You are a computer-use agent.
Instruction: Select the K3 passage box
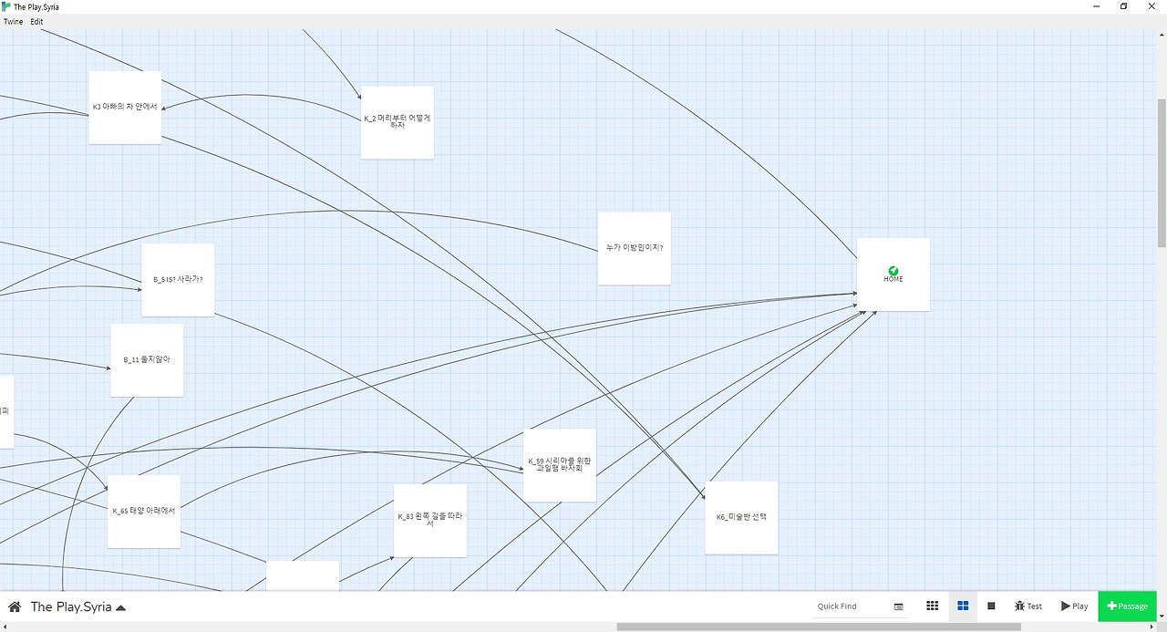click(x=125, y=107)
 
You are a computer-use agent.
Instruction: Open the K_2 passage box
click(x=397, y=122)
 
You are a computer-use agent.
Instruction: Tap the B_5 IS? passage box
click(x=178, y=279)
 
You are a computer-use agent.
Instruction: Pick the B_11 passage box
click(x=147, y=359)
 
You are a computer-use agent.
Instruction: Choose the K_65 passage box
click(x=143, y=511)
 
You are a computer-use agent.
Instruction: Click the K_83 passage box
click(x=429, y=520)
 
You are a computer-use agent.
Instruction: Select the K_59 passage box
click(x=559, y=464)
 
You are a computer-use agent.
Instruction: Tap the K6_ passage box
click(x=740, y=517)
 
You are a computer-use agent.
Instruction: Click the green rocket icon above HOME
click(x=893, y=271)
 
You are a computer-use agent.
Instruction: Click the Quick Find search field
click(x=850, y=606)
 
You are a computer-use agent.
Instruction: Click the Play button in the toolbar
click(x=1074, y=606)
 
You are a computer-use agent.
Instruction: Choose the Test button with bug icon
click(x=1028, y=606)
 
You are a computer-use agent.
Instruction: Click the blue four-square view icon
click(x=962, y=606)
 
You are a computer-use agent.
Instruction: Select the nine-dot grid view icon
click(x=932, y=606)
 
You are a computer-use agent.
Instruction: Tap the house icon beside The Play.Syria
click(x=15, y=606)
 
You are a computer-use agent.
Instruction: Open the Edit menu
click(x=36, y=22)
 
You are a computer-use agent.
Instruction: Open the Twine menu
click(x=13, y=22)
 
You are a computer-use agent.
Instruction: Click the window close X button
click(x=1152, y=6)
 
